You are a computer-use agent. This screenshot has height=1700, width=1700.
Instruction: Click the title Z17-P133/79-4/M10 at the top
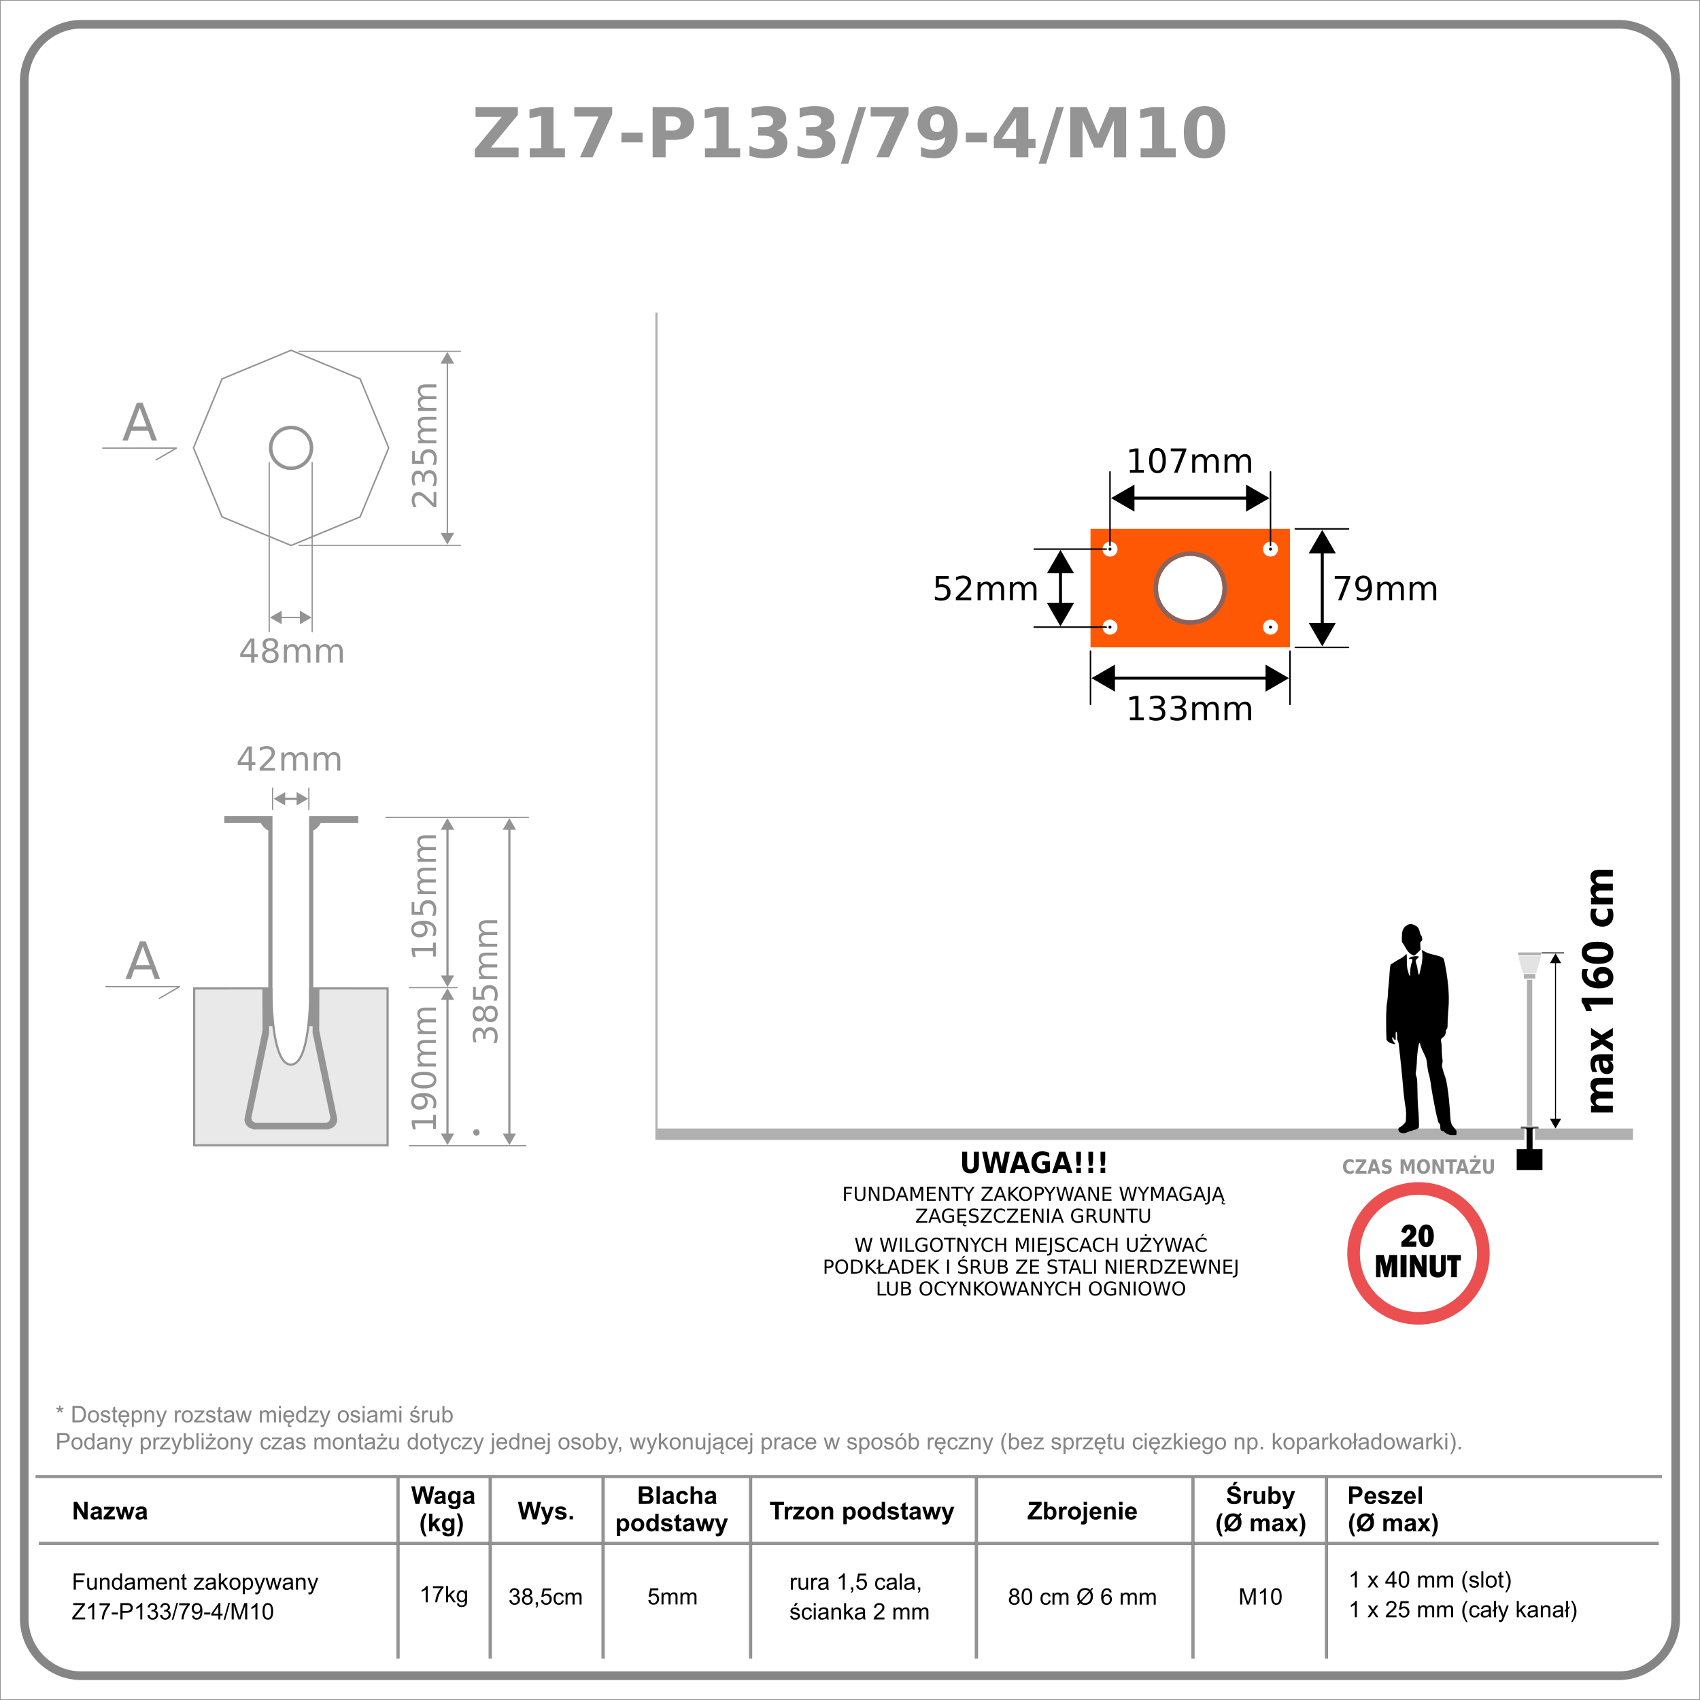pyautogui.click(x=849, y=134)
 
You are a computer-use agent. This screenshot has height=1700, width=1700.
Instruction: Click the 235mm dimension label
pyautogui.click(x=424, y=445)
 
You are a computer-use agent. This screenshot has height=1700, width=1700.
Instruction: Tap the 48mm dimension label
pyautogui.click(x=291, y=651)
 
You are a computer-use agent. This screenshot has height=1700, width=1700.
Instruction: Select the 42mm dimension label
pyautogui.click(x=290, y=758)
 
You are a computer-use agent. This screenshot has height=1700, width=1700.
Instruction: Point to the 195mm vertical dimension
pyautogui.click(x=424, y=896)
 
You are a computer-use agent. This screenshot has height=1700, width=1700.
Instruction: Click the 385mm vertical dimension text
pyautogui.click(x=485, y=981)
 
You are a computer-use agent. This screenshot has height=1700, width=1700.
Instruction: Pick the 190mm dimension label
pyautogui.click(x=424, y=1068)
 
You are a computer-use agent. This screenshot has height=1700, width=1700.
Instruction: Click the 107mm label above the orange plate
pyautogui.click(x=1189, y=461)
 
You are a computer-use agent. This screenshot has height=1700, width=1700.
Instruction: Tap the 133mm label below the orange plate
pyautogui.click(x=1189, y=709)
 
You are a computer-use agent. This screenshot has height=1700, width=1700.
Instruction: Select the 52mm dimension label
pyautogui.click(x=985, y=589)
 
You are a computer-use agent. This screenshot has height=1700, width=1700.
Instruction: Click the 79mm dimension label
pyautogui.click(x=1386, y=589)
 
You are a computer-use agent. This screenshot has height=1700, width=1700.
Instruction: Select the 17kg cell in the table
pyautogui.click(x=443, y=1595)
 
